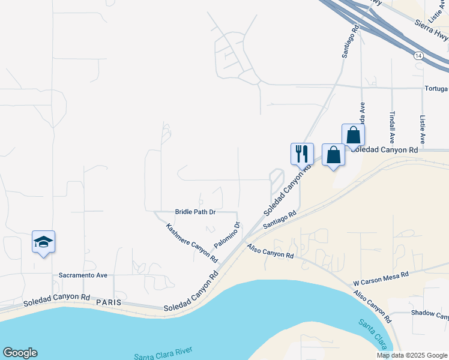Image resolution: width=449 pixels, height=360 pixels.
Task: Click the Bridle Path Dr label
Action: [195, 212]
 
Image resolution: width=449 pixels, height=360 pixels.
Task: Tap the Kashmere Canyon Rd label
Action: [191, 243]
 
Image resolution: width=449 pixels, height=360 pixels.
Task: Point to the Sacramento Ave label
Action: [83, 275]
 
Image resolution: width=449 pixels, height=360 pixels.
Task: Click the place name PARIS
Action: [108, 302]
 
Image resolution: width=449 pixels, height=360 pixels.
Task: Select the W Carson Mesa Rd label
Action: [381, 278]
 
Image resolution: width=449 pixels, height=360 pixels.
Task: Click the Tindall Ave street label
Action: [392, 125]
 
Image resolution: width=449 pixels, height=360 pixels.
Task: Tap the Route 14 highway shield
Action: [418, 56]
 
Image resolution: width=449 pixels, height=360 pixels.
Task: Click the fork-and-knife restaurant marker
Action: [302, 154]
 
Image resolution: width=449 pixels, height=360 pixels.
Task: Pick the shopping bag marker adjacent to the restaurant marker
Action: [334, 155]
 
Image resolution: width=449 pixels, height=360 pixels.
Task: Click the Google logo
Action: [20, 353]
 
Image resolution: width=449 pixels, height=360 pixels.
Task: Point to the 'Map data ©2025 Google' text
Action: [411, 355]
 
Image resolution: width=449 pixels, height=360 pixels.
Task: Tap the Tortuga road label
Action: [435, 89]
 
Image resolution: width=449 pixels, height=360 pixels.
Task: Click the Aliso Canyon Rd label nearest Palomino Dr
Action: [270, 251]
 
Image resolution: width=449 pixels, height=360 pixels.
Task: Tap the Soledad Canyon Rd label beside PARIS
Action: [57, 300]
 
